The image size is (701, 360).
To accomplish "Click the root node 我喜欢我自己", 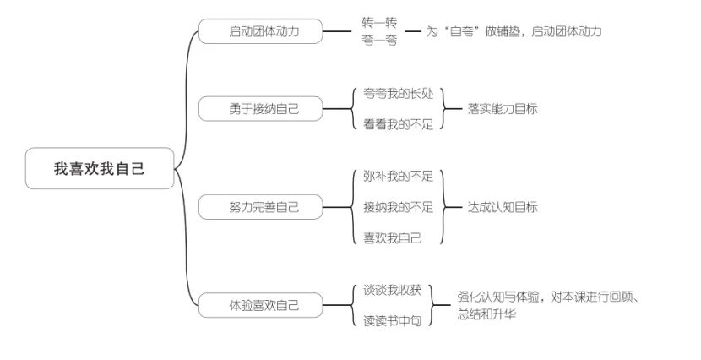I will [x=100, y=168].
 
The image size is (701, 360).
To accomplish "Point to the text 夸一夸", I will [x=378, y=40].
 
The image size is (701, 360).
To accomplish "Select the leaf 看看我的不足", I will [x=398, y=124].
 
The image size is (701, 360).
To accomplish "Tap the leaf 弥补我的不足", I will [x=398, y=176].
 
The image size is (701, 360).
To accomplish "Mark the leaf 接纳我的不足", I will [x=398, y=206].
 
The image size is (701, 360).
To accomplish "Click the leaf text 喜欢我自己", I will [x=392, y=237].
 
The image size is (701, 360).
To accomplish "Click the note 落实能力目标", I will [x=503, y=108].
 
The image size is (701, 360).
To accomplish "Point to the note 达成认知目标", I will [x=503, y=206].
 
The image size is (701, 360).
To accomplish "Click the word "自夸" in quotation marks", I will [x=458, y=31].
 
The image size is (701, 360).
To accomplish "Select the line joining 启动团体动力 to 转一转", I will [x=337, y=31].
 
